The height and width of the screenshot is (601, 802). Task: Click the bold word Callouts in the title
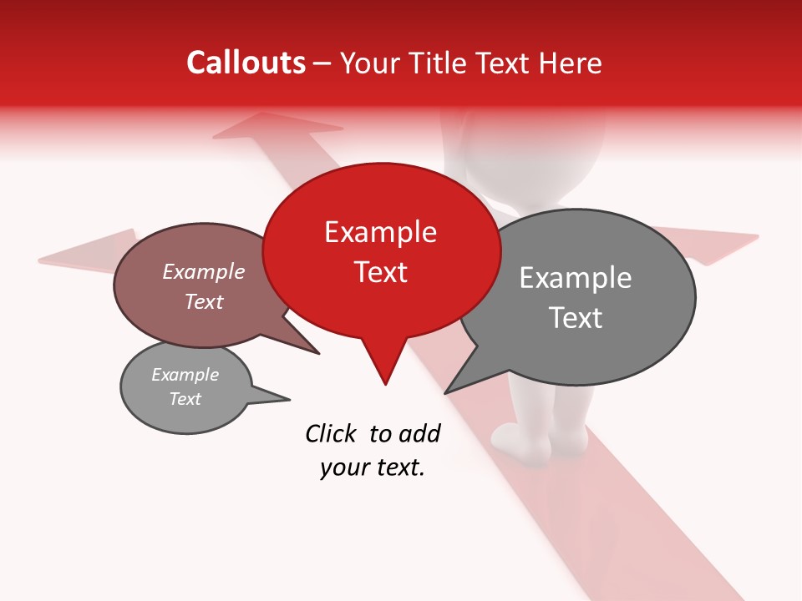(246, 63)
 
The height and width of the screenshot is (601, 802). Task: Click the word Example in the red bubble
(380, 231)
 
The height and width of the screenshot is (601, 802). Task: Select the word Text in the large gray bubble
(576, 318)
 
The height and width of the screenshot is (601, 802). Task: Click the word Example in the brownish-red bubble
(203, 271)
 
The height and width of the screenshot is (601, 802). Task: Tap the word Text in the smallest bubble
(185, 399)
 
